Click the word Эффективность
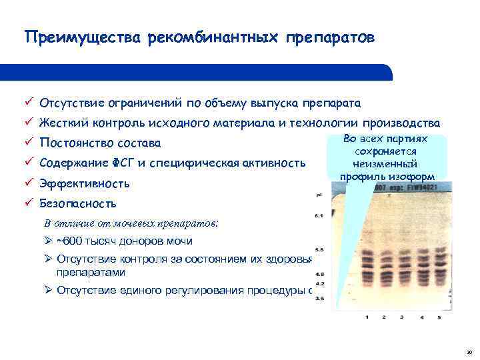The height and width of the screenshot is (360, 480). click(x=85, y=183)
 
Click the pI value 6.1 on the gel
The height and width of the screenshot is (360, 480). click(x=319, y=217)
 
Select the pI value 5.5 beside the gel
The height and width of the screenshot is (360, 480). click(x=319, y=247)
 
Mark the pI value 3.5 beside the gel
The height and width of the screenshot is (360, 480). click(x=319, y=299)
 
